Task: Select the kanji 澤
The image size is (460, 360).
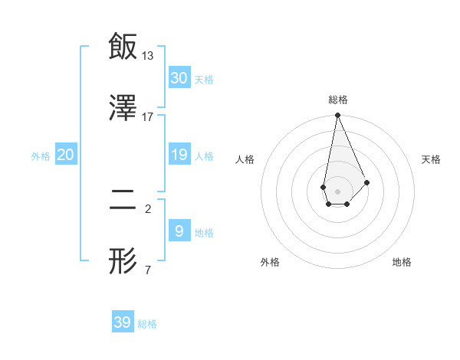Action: click(123, 108)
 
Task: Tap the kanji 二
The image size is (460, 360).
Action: click(123, 201)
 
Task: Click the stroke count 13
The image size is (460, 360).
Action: click(148, 55)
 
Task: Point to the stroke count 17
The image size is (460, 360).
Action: click(148, 117)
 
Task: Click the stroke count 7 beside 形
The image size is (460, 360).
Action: click(147, 270)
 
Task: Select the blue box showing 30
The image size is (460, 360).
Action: click(179, 77)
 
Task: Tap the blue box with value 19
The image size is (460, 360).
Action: click(179, 155)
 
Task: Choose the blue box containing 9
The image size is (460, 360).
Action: click(179, 231)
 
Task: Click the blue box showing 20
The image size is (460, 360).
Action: click(66, 155)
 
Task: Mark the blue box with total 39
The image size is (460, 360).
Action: click(123, 322)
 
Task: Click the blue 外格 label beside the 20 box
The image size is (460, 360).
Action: click(41, 156)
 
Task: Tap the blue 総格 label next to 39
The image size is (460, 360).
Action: click(147, 324)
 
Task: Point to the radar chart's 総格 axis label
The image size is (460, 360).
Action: click(337, 100)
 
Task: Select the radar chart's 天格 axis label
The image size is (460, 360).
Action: click(432, 159)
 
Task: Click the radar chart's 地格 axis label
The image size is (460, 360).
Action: click(402, 262)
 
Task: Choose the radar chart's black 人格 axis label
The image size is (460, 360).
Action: click(245, 159)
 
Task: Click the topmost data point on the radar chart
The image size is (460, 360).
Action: click(337, 116)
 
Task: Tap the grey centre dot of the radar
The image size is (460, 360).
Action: click(337, 190)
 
